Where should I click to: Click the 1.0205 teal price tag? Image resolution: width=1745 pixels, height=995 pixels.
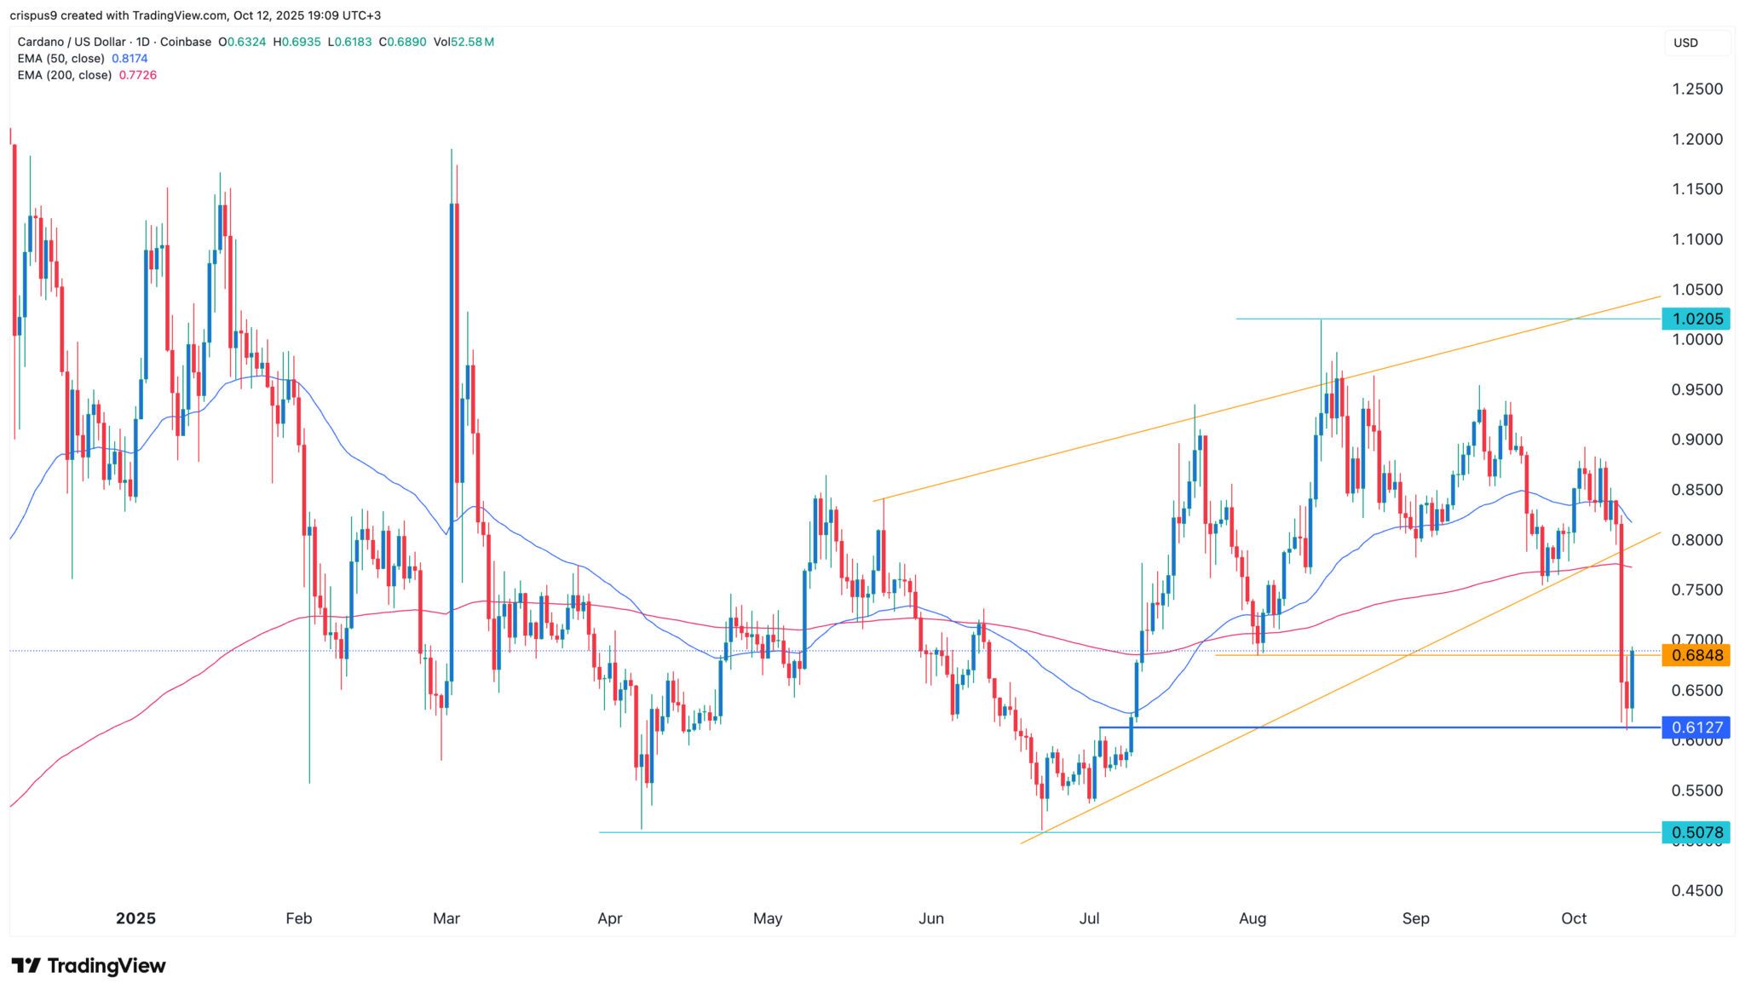point(1696,319)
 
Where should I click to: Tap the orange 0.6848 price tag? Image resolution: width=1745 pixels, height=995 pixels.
point(1696,655)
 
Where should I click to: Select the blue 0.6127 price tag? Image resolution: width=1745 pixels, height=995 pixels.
point(1696,728)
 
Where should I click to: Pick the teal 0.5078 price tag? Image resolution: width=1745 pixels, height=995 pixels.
point(1696,832)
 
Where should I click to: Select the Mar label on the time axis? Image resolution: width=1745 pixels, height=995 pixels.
point(446,918)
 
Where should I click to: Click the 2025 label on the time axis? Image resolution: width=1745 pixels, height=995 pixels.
point(135,918)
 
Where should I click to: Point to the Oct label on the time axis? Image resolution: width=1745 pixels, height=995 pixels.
point(1574,918)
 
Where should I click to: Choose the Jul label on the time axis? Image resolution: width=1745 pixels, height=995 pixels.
point(1089,918)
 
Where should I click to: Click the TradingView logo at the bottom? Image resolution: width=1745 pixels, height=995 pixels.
point(89,966)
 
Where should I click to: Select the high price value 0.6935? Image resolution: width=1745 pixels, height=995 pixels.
point(302,42)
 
